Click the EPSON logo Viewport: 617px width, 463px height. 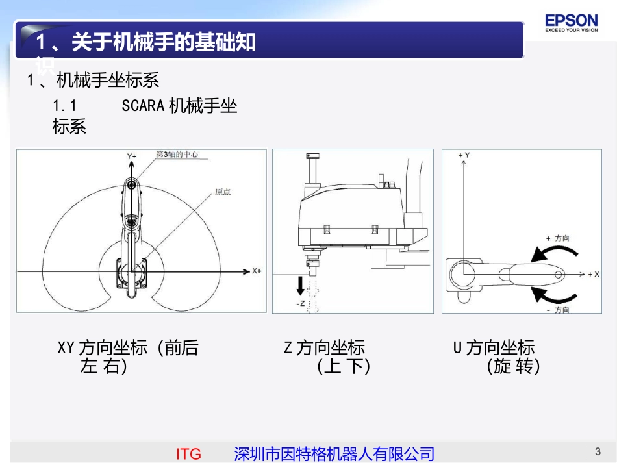click(571, 23)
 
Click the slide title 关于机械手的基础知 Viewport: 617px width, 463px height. click(147, 43)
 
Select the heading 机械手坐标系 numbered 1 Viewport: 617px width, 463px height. click(108, 81)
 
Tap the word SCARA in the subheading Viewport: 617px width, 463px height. click(143, 106)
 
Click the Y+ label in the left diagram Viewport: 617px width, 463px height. click(131, 156)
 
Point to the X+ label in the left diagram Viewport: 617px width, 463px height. click(257, 271)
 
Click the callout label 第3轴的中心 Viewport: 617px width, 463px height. click(177, 155)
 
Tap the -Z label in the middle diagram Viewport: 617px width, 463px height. click(300, 303)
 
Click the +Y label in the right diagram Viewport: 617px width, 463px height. click(464, 155)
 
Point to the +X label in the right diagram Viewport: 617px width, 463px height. click(592, 275)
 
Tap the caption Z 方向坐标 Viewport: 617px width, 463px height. click(324, 348)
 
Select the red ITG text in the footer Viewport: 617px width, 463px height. click(188, 454)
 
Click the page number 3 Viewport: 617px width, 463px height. click(598, 451)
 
